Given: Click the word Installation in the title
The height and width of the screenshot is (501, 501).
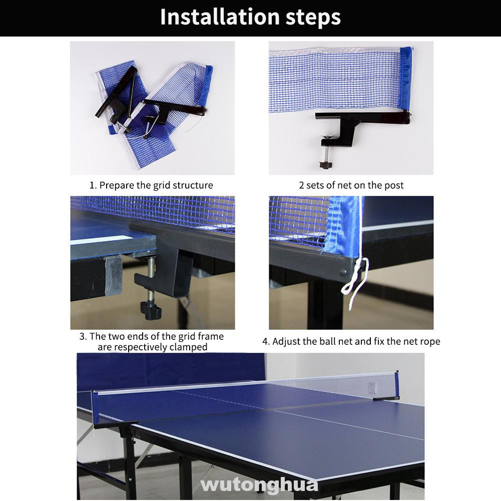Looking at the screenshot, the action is point(220,17).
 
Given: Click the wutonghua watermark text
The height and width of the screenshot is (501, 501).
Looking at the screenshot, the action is point(259,485).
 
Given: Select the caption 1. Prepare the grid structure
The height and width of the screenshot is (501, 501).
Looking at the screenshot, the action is point(151,185).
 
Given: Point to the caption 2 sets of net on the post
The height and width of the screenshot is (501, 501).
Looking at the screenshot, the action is point(351,185).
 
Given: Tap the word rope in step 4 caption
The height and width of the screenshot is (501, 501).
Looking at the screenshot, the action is point(430,341).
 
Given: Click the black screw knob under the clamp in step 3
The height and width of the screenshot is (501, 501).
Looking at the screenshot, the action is point(151,310).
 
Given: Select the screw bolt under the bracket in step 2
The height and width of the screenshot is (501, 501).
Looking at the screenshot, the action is point(326,153).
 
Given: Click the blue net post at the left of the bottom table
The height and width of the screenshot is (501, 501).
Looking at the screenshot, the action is point(95,408).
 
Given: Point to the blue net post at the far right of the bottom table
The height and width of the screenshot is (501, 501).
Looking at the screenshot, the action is point(397,385).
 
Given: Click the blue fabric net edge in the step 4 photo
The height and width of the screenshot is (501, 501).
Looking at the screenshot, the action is point(343,227).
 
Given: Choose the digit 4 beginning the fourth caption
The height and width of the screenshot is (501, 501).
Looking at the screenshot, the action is point(265,341).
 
